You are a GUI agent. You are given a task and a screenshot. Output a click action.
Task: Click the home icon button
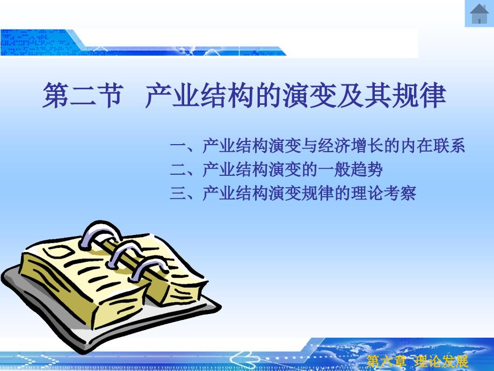click(479, 13)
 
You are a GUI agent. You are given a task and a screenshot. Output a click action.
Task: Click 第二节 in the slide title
click(82, 95)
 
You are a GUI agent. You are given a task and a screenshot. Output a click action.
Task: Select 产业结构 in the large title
click(200, 95)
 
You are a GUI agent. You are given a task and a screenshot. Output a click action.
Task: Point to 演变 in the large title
click(309, 95)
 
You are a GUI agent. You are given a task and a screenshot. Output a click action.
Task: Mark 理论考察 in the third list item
click(383, 192)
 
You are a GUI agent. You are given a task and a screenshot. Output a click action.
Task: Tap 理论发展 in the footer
click(441, 361)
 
